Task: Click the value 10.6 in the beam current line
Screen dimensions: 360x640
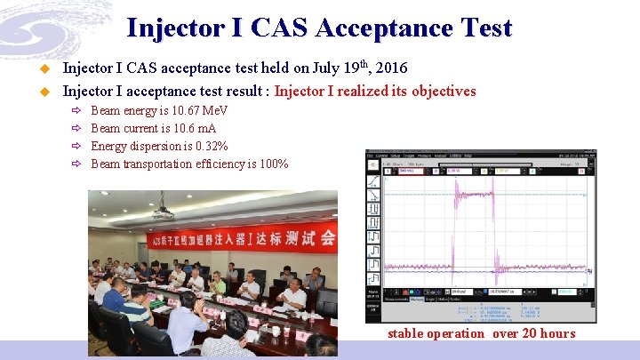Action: pyautogui.click(x=174, y=129)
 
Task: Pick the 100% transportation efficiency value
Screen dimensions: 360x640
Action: pyautogui.click(x=272, y=164)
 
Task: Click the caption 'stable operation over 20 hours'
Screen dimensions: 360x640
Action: pyautogui.click(x=481, y=333)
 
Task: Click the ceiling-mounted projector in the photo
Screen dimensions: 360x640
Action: pyautogui.click(x=162, y=205)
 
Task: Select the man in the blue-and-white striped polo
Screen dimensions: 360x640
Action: pyautogui.click(x=136, y=303)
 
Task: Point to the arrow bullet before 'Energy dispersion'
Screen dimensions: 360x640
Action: pyautogui.click(x=77, y=147)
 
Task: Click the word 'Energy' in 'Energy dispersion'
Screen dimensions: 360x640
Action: pyautogui.click(x=108, y=147)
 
